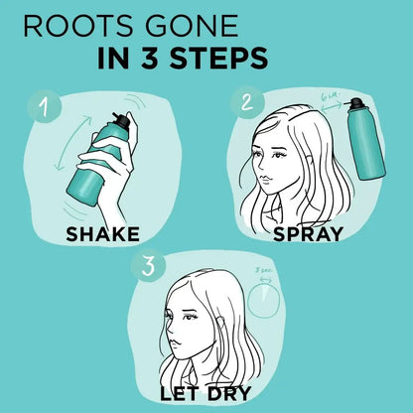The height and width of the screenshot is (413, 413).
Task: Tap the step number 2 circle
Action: click(x=244, y=102)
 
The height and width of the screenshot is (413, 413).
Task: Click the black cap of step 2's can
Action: click(x=367, y=101)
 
